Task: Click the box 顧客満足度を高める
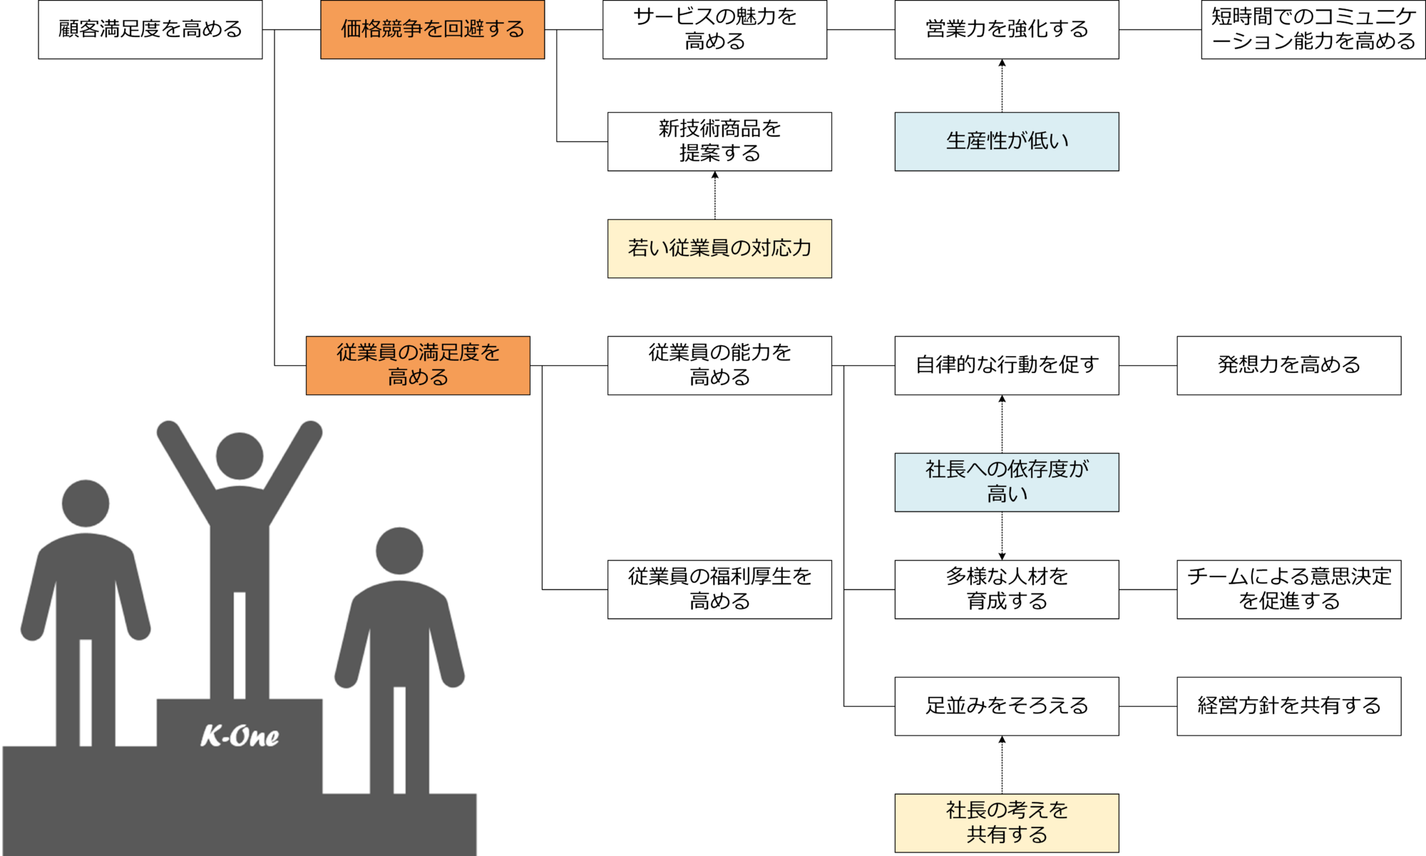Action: pyautogui.click(x=150, y=29)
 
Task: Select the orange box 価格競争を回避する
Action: pyautogui.click(x=432, y=29)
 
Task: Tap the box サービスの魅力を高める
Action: pyautogui.click(x=714, y=29)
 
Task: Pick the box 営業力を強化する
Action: pyautogui.click(x=1006, y=29)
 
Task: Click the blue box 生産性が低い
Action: pyautogui.click(x=1006, y=141)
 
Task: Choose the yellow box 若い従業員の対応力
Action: pyautogui.click(x=719, y=248)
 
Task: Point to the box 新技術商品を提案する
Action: pyautogui.click(x=719, y=141)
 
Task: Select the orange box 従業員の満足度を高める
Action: pyautogui.click(x=418, y=365)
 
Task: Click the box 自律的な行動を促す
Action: pyautogui.click(x=1006, y=365)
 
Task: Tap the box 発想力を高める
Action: pyautogui.click(x=1288, y=365)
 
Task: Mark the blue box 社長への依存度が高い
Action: pyautogui.click(x=1006, y=482)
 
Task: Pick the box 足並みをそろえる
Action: pyautogui.click(x=1006, y=706)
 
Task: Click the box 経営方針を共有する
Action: pyautogui.click(x=1288, y=706)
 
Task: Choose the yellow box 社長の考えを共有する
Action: pyautogui.click(x=1006, y=822)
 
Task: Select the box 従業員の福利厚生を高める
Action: pyautogui.click(x=719, y=589)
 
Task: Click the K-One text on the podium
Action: pyautogui.click(x=240, y=736)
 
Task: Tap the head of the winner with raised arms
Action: pyautogui.click(x=240, y=456)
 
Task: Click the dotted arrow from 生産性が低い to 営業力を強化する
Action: pyautogui.click(x=1002, y=86)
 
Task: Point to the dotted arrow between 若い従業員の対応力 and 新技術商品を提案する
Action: pyautogui.click(x=715, y=195)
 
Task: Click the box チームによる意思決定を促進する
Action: pyautogui.click(x=1288, y=589)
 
